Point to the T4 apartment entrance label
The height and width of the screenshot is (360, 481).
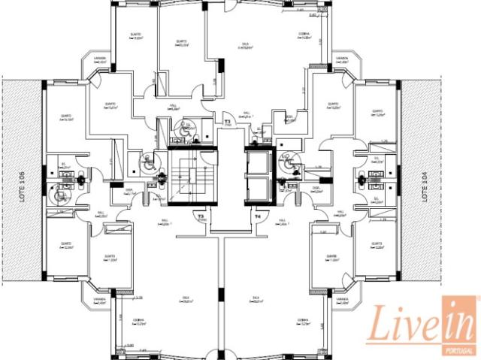coord(257,216)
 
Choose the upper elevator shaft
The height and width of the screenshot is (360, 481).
coord(257,161)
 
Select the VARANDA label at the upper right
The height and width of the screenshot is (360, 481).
coord(342,59)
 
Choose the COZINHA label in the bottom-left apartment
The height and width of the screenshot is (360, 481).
coord(139,321)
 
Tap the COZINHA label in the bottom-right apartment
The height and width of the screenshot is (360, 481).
coord(304,321)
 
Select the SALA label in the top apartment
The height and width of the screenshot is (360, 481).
coord(242,44)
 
